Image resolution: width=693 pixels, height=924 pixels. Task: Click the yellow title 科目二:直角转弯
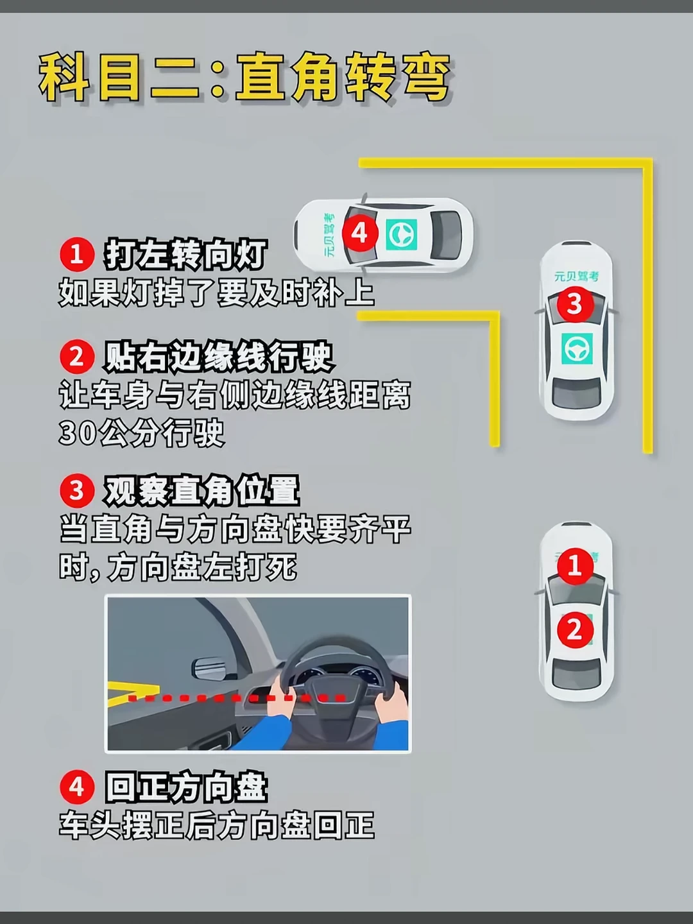point(245,78)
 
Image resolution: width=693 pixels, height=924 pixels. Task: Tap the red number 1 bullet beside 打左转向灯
point(76,255)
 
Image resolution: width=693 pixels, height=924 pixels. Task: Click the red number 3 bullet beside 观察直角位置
point(76,491)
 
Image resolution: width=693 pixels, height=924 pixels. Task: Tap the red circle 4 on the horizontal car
point(360,233)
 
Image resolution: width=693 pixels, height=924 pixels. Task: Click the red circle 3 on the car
point(575,304)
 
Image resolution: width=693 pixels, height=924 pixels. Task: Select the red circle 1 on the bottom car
point(575,566)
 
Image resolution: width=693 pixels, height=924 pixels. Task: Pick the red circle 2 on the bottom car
point(575,631)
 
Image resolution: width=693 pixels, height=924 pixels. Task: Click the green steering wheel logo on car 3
point(576,348)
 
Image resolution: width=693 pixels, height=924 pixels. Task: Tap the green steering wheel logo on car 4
point(402,234)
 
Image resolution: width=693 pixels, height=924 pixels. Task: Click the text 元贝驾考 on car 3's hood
point(576,276)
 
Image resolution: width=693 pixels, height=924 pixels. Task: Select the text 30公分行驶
point(142,432)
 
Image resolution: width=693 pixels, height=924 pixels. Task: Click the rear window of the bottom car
point(576,674)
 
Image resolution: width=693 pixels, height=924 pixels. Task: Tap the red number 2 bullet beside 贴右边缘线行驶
point(76,357)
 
